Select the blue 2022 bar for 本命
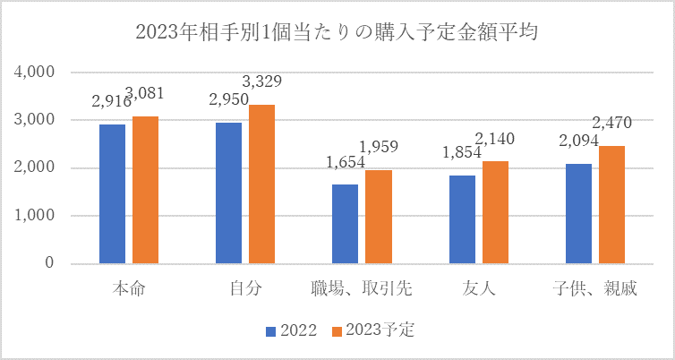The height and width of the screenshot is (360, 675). click(112, 193)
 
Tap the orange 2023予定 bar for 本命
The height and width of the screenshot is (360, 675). click(146, 190)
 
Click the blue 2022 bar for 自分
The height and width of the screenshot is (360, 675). click(228, 193)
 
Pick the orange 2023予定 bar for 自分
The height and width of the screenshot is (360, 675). click(262, 184)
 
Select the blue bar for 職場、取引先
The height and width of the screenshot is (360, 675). click(345, 224)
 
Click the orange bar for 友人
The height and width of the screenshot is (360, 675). click(495, 212)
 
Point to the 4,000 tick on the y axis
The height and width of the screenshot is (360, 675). click(36, 72)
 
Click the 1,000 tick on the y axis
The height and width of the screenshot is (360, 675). click(36, 216)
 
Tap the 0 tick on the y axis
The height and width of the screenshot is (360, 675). click(50, 264)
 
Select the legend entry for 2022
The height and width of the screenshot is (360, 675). click(291, 330)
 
